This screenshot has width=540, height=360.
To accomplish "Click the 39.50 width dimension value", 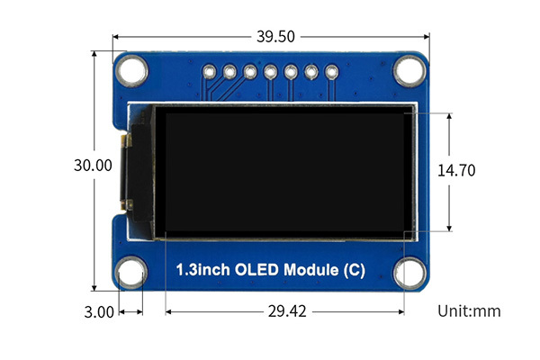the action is pos(275,37).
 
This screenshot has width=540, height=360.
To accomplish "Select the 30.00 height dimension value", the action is pos(93,166).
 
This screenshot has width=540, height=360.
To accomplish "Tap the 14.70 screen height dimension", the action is pos(456,170).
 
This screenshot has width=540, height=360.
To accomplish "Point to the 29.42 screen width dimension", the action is pos(287,311).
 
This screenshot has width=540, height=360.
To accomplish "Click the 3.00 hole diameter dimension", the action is pos(99,312).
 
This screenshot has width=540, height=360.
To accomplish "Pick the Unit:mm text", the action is pos(469,311).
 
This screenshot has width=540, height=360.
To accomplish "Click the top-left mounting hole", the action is pos(131,71).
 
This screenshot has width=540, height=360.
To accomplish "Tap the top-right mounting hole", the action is pos(409,70).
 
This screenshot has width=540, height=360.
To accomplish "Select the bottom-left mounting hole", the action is pos(131,273).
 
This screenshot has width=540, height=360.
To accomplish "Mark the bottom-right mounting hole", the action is pos(409,273).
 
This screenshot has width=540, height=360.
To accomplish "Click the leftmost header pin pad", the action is pos(210,72).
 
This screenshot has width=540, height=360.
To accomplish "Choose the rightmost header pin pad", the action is pos(331,72).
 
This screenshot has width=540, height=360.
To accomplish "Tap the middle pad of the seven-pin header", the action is pos(270,72).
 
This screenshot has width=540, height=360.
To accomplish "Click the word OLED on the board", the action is pos(256,269).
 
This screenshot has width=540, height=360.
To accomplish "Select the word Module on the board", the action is pos(311,269).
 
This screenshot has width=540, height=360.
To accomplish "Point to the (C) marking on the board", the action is pos(354,270).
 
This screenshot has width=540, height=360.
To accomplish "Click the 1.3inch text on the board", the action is pos(202,269).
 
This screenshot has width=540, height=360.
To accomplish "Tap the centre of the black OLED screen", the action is pos(284,172).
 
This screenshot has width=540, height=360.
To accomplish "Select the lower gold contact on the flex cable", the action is pos(127,204).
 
